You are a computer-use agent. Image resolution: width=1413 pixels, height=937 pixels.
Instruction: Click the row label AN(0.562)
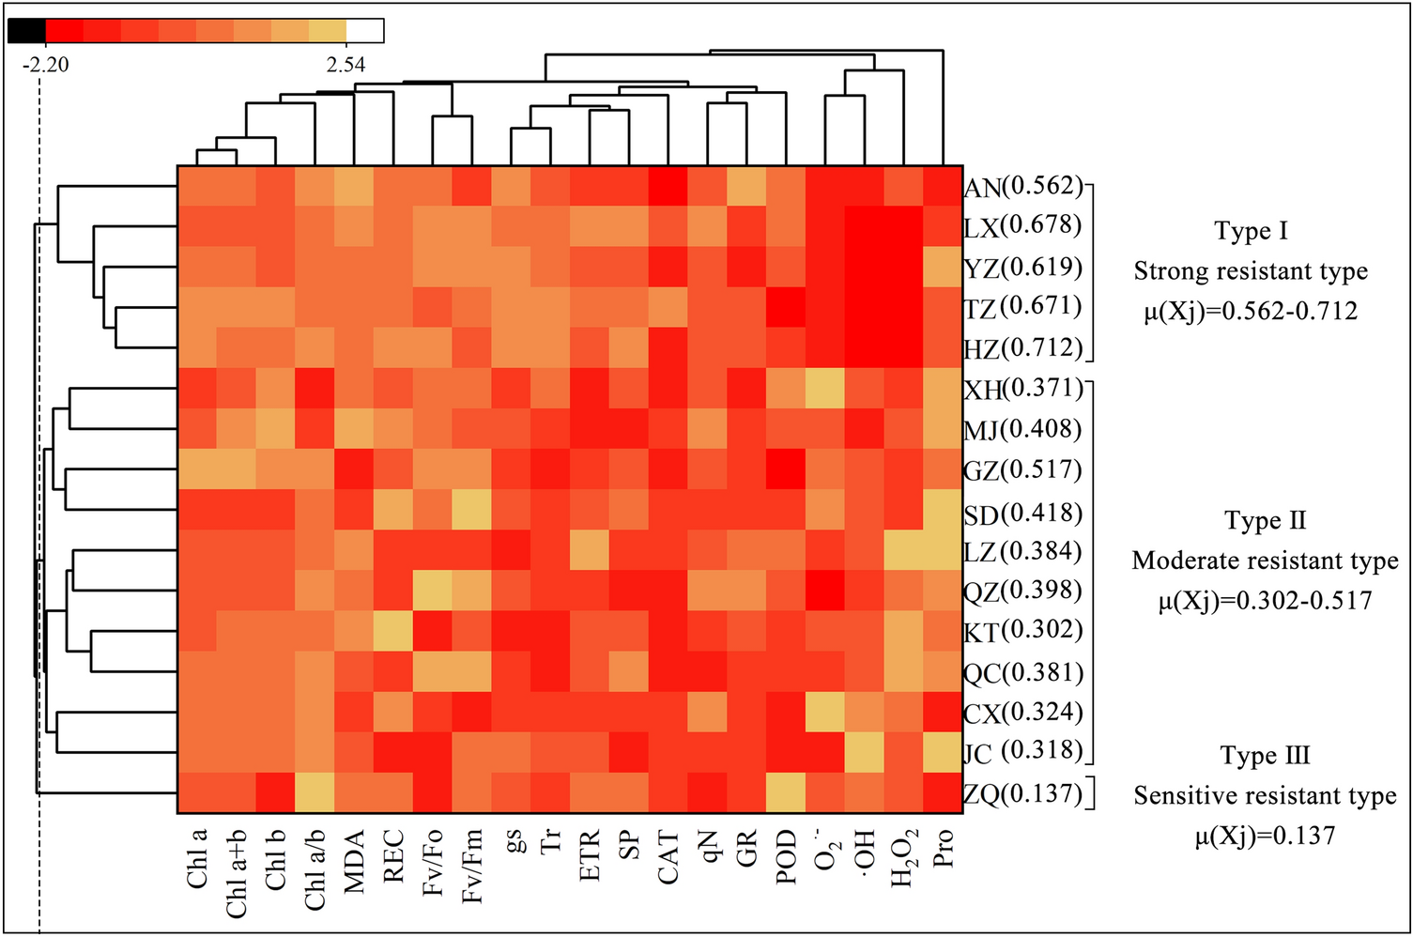pos(1023,187)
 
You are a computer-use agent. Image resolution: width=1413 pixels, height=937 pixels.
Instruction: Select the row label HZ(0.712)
pos(1023,349)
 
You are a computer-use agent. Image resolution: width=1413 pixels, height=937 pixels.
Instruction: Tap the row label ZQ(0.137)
pos(1023,794)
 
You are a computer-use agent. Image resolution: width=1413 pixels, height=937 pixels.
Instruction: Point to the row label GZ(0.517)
pos(1023,469)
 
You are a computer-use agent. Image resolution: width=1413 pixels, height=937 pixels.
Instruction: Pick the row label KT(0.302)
pos(1023,631)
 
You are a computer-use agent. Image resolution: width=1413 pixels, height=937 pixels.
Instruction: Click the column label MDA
pos(354,861)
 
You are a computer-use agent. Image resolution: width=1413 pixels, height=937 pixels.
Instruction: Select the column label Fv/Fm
pos(472,866)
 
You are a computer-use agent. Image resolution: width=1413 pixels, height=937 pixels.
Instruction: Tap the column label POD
pos(787,857)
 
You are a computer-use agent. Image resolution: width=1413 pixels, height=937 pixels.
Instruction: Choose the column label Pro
pos(944,849)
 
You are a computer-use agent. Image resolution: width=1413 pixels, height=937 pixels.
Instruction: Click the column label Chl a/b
pos(315,869)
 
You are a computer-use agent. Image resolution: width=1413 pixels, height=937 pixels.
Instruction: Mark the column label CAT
pos(668,857)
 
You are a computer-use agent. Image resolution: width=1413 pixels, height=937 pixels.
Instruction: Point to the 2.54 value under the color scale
pos(346,65)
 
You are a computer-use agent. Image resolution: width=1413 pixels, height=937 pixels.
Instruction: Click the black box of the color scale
pos(26,31)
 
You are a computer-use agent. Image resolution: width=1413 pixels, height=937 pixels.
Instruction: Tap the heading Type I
pos(1251,231)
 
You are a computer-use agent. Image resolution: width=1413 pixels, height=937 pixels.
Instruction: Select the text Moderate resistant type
pos(1265,561)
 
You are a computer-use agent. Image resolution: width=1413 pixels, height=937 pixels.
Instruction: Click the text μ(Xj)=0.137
pos(1265,836)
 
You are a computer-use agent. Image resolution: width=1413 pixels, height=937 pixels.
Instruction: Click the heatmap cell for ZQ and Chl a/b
pos(315,792)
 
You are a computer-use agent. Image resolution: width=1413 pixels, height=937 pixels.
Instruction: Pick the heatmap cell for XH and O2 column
pos(825,389)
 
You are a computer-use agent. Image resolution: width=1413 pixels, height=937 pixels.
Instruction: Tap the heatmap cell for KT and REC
pos(393,631)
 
